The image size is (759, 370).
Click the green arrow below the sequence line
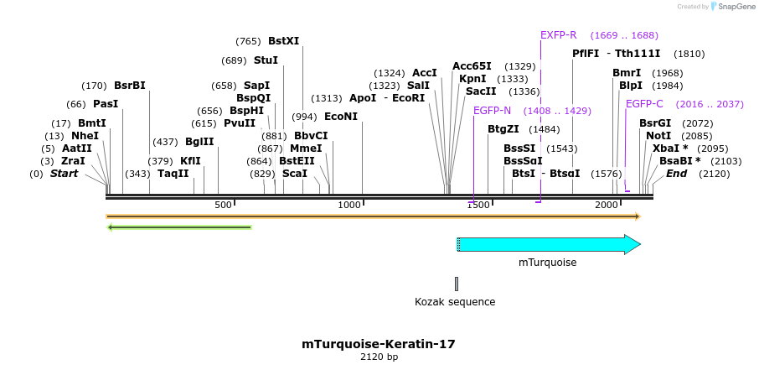click(x=179, y=227)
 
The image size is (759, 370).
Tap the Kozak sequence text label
click(x=455, y=302)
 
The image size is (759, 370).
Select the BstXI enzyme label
click(x=283, y=40)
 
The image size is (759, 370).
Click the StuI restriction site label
click(x=266, y=60)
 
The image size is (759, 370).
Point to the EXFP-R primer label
click(x=558, y=35)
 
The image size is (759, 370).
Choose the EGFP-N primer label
click(x=492, y=111)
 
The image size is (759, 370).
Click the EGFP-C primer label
click(x=644, y=104)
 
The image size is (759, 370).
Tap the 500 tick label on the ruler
click(x=224, y=206)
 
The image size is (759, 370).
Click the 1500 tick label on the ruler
click(x=478, y=206)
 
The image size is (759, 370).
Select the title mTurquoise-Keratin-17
click(x=379, y=344)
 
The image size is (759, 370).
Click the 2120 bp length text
click(x=379, y=357)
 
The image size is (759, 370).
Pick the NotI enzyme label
click(x=658, y=136)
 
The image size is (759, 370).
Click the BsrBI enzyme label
click(x=130, y=86)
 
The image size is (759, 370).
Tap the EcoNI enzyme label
click(x=340, y=117)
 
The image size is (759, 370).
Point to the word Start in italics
click(x=68, y=174)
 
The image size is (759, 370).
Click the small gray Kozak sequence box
click(x=457, y=284)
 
